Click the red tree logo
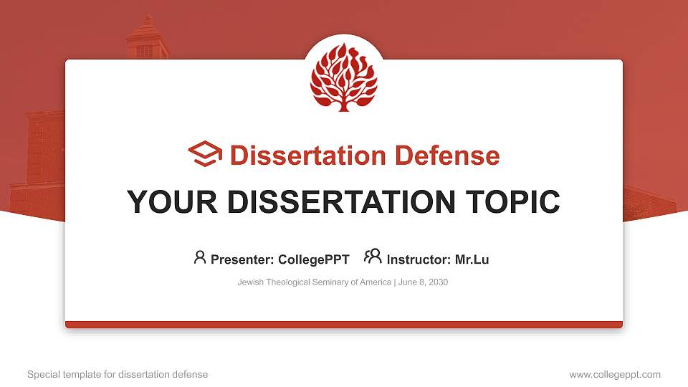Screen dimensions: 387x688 coord(343,77)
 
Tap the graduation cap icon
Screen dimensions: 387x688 coord(206,154)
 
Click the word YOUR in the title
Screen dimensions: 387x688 coord(162,202)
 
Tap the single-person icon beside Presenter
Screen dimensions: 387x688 coord(200,257)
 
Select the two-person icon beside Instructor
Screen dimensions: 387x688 coord(373,257)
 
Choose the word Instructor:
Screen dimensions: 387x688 coord(419,259)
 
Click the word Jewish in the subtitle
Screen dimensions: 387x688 coord(251,282)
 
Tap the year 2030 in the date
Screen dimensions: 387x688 coord(436,282)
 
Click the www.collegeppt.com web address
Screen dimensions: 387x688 coord(615,374)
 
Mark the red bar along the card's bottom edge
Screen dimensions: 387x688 coord(344,325)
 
